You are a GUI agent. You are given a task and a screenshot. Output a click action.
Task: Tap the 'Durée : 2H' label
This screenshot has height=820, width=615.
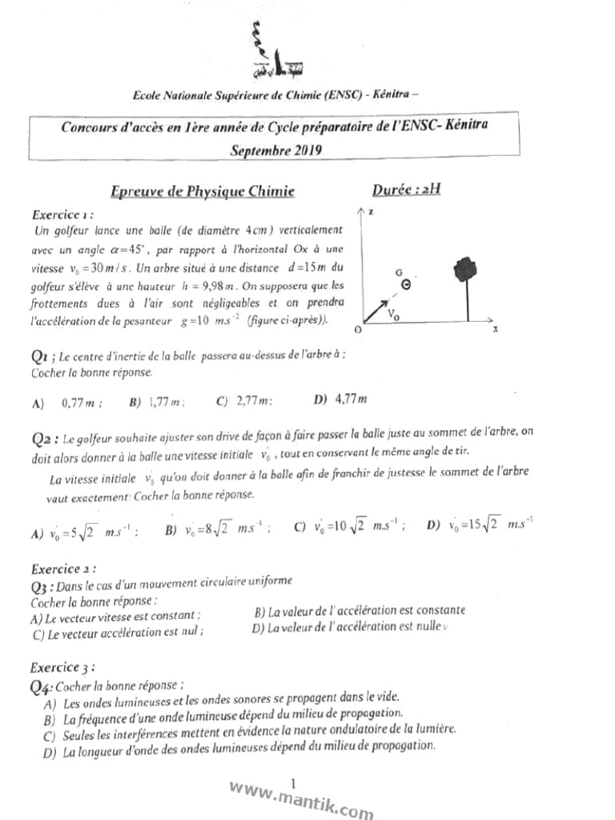point(406,190)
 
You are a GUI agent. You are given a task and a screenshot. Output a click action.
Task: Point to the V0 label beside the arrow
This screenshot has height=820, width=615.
point(394,315)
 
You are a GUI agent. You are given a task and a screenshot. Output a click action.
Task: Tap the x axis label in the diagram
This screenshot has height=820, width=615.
point(495,328)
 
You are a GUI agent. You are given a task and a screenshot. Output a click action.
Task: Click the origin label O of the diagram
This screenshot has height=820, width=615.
point(357,330)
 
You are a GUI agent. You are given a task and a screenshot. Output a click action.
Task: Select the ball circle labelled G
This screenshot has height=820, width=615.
point(406,284)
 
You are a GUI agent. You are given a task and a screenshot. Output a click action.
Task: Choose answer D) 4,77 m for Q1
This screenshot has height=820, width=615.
point(340,399)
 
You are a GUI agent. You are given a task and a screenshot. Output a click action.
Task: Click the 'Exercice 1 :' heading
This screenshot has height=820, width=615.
point(66,215)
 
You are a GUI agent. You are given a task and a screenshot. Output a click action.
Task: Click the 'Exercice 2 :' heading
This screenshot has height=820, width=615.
point(64,569)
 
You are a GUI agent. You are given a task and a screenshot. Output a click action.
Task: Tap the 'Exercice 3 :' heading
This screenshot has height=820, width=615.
point(63,666)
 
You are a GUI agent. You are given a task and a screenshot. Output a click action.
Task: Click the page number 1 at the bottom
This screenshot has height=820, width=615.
point(294,782)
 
